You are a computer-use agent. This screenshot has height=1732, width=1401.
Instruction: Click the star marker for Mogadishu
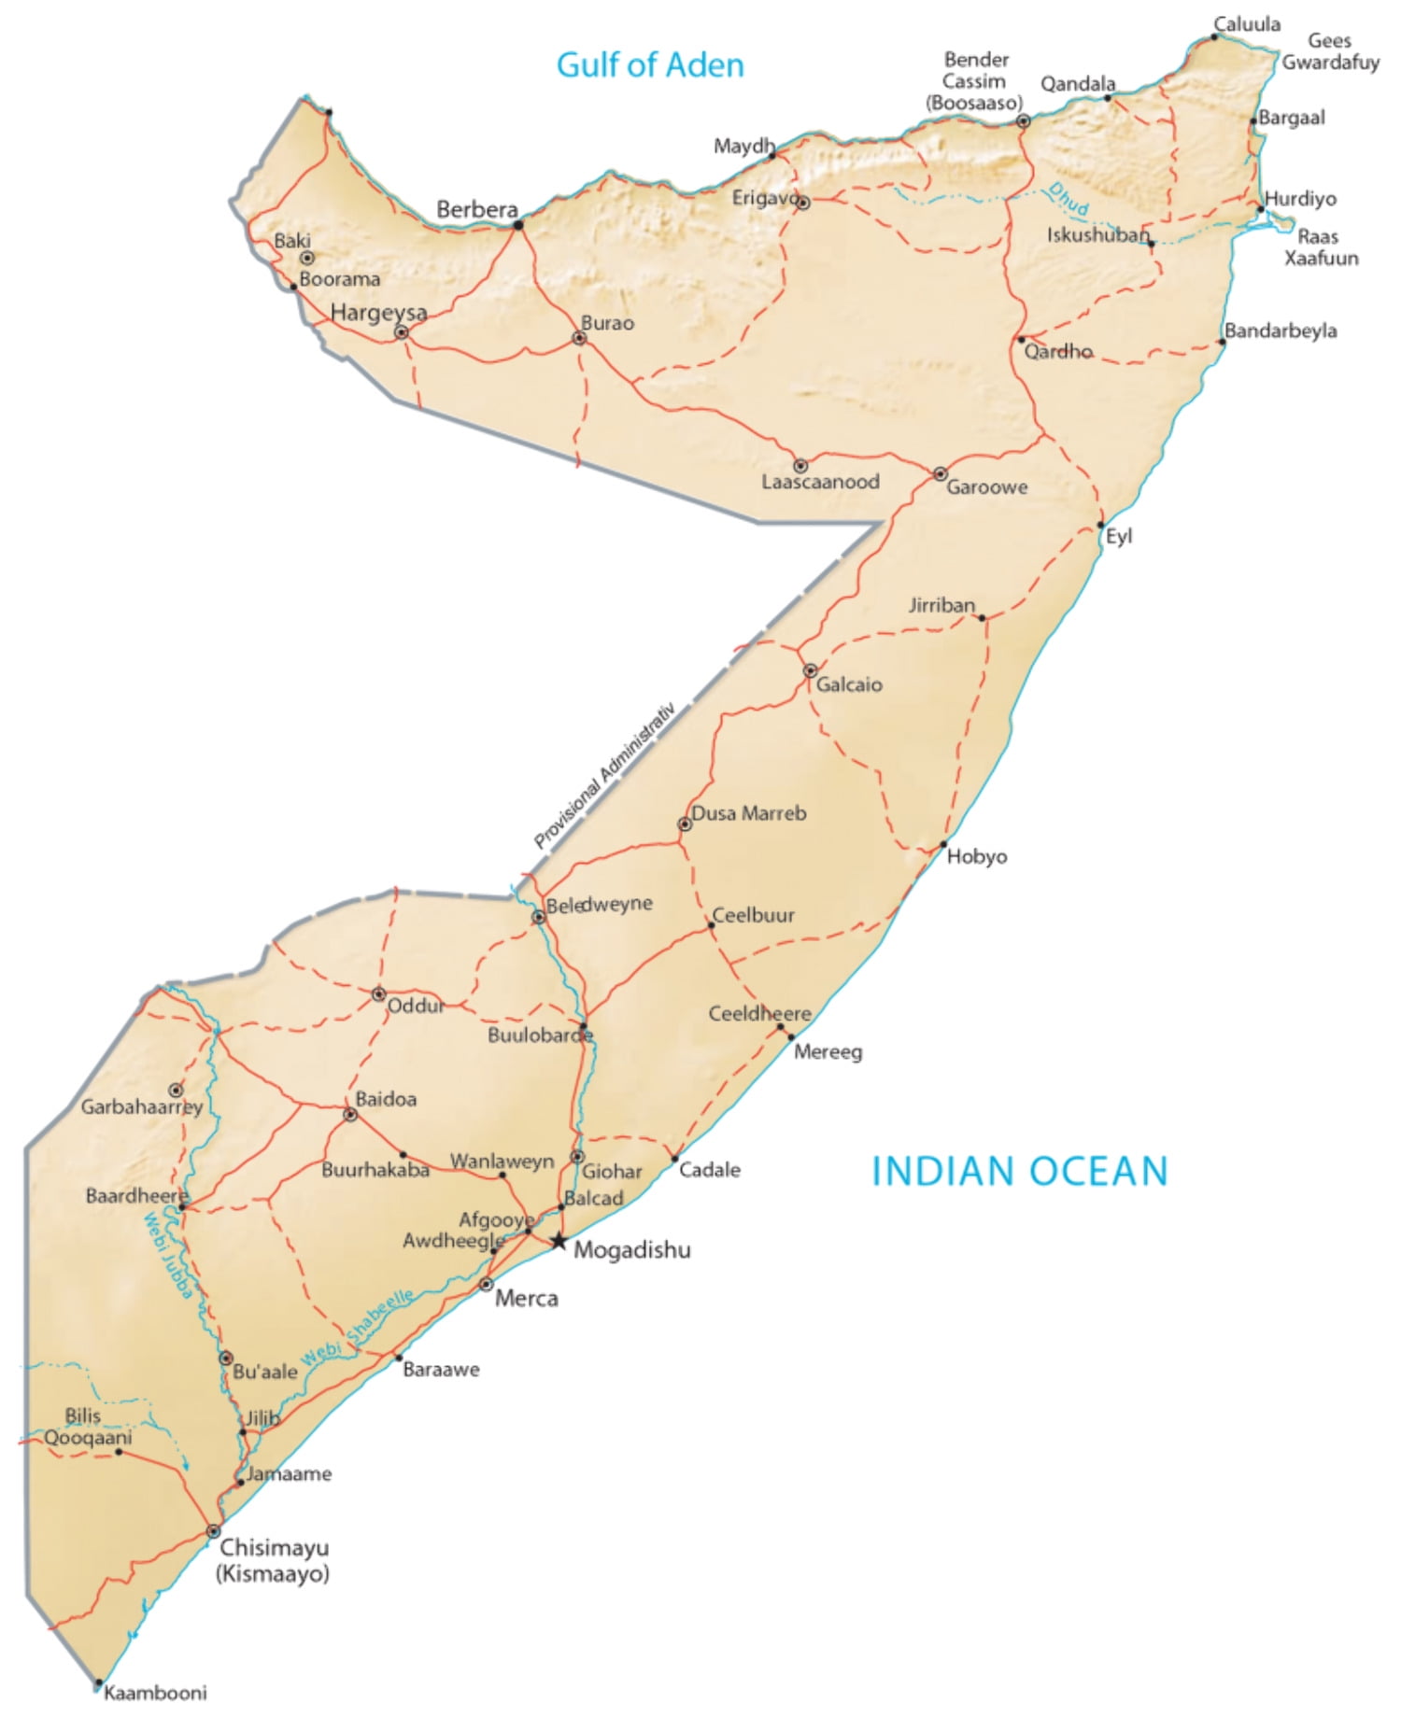point(558,1241)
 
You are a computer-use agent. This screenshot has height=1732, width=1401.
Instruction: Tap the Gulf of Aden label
point(650,64)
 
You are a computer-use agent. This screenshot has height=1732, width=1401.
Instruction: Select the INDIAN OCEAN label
point(1019,1171)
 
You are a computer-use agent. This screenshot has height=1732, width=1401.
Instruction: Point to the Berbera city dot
point(518,224)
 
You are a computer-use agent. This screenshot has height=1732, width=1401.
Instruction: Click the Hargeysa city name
point(378,312)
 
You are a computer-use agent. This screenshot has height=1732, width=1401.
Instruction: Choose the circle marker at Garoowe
point(941,474)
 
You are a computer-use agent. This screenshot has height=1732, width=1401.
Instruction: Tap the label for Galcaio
point(849,684)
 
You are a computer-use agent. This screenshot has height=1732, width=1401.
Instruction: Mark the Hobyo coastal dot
point(943,845)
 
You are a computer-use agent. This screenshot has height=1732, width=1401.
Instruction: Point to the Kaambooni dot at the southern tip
point(98,1683)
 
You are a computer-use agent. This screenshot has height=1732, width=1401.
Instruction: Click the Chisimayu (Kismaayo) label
point(273,1560)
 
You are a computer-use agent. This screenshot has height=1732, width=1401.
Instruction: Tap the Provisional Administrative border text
point(604,775)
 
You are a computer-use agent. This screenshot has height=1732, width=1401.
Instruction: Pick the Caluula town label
point(1247,24)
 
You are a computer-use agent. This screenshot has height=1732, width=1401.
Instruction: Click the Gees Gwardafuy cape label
point(1330,51)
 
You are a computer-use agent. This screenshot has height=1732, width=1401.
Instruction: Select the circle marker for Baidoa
point(350,1114)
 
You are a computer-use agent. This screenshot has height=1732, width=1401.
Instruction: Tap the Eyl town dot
point(1100,525)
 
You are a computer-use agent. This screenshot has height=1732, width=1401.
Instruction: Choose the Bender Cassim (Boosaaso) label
point(975,81)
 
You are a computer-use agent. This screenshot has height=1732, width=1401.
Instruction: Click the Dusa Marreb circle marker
point(685,824)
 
